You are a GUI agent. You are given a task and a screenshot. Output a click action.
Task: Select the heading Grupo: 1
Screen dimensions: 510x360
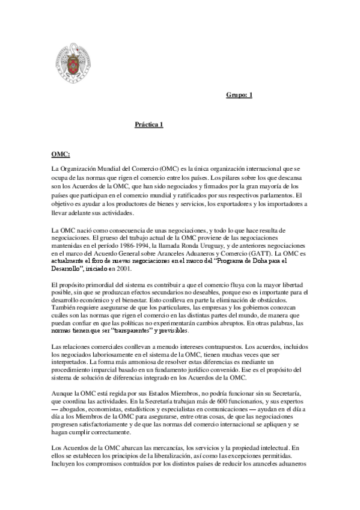pos(240,94)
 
